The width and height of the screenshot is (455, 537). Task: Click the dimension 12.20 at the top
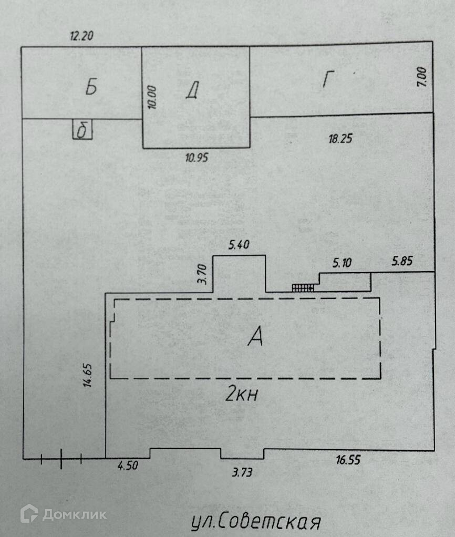[82, 36]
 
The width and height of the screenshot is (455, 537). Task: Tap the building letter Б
[91, 88]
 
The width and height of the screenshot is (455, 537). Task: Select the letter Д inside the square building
[192, 91]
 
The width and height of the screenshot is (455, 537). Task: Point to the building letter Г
[328, 80]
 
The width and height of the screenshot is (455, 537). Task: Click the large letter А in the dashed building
[255, 337]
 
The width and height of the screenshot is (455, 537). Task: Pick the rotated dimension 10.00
[152, 97]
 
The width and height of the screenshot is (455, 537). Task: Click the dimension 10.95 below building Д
[195, 157]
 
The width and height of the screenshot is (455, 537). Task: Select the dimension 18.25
[339, 139]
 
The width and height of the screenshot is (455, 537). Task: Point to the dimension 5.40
[239, 245]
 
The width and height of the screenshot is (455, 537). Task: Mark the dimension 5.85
[402, 261]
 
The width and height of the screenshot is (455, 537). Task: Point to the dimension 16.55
[348, 461]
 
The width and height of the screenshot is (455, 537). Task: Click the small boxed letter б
[82, 130]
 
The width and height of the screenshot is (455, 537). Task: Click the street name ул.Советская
[255, 522]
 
